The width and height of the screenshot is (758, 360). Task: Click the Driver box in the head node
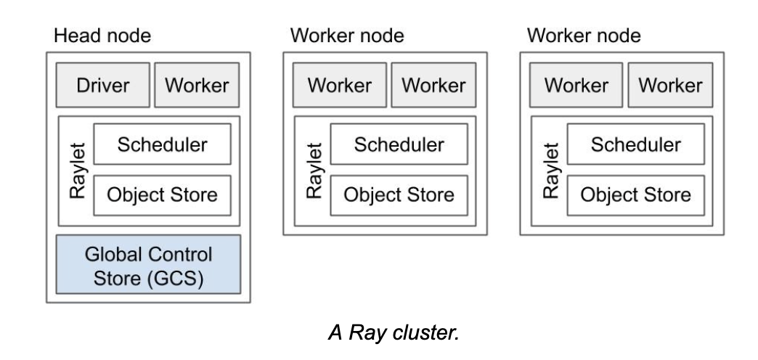[102, 86]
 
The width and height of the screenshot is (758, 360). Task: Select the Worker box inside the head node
[197, 86]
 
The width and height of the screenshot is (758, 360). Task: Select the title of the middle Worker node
[346, 36]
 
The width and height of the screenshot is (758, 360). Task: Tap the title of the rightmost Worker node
[584, 36]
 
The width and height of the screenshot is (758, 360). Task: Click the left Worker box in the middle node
[339, 86]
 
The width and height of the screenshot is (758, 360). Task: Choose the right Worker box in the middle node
[433, 86]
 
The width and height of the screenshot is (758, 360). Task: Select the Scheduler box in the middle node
[399, 144]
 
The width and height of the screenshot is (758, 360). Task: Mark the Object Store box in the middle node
[399, 195]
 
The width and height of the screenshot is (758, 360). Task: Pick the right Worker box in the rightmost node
[670, 86]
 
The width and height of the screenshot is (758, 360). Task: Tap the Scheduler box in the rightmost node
[635, 144]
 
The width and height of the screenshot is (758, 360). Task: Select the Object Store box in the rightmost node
[635, 195]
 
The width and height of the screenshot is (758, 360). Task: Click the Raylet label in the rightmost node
[550, 170]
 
